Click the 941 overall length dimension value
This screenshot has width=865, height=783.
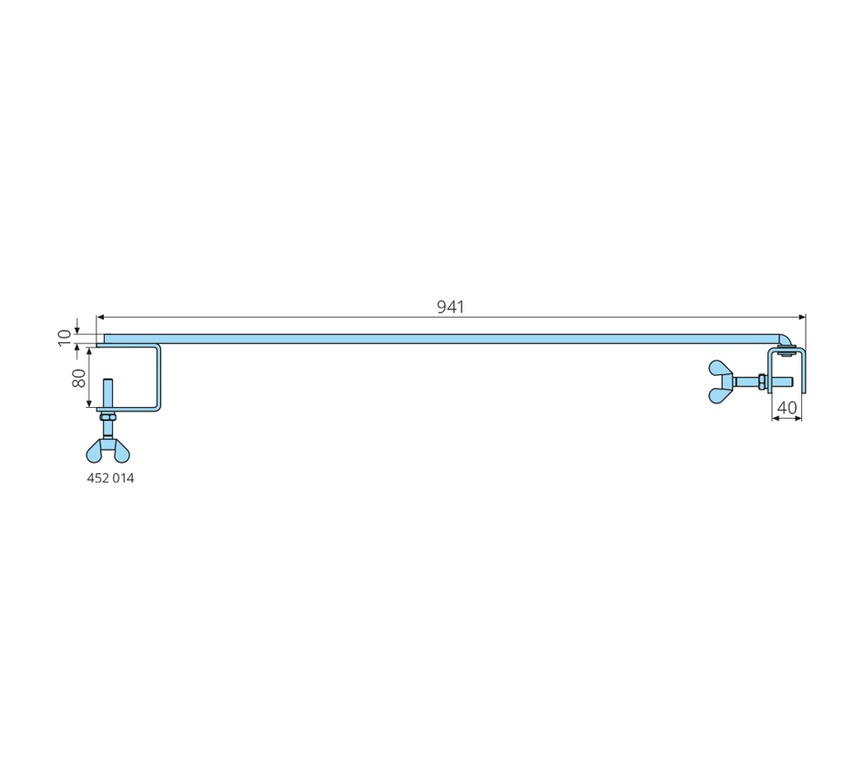pos(450,307)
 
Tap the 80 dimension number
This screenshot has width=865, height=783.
pos(79,378)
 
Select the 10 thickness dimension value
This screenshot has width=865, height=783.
pos(65,338)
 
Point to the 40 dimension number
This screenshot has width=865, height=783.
pos(787,408)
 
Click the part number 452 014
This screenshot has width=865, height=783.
pos(110,478)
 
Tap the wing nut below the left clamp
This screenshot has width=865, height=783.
pos(108,451)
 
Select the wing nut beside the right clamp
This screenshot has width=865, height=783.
pos(721,381)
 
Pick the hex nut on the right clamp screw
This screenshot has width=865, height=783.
pos(762,381)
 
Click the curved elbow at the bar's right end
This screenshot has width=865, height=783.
pos(785,339)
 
